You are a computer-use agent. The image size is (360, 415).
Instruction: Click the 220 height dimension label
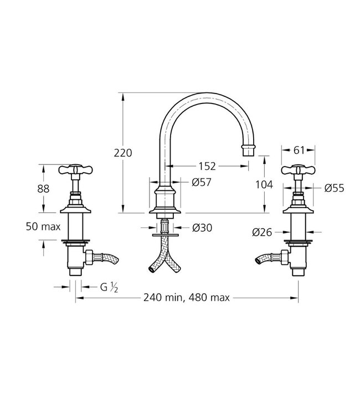coord(123,153)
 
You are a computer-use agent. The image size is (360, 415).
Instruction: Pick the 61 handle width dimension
coord(299,149)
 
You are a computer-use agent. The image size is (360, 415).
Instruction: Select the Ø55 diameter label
coord(335,188)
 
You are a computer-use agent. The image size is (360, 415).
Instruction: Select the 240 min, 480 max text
coord(187,298)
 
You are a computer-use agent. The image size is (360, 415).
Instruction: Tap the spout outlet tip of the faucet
coord(249,150)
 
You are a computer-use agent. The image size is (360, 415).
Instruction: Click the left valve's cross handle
coord(75,170)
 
